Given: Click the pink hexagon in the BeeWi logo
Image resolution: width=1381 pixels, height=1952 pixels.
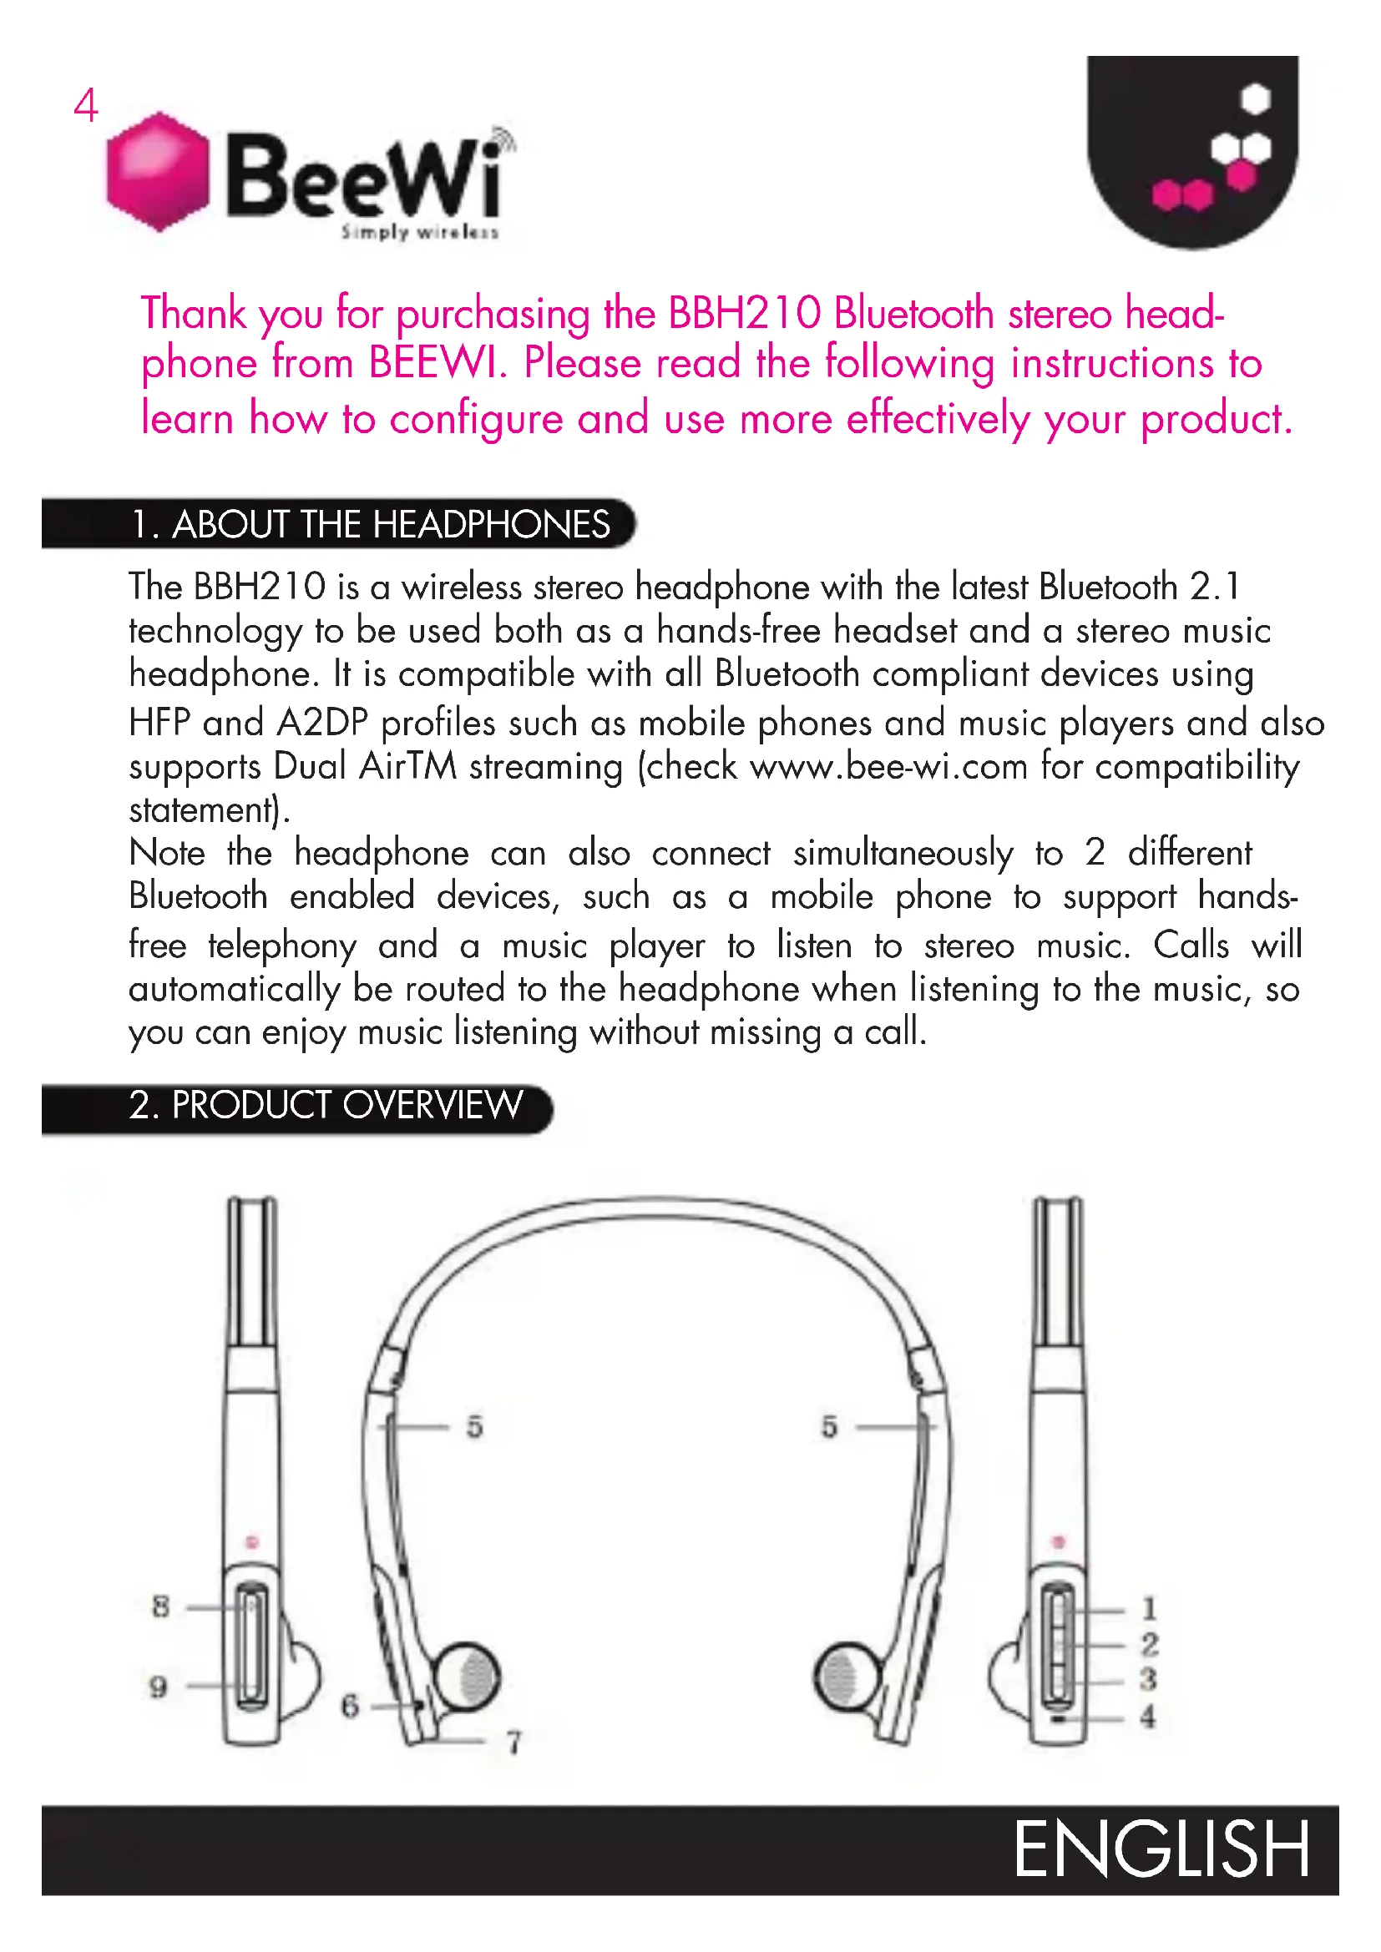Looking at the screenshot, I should click(158, 171).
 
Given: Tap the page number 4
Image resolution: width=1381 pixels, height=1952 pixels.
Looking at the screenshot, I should click(85, 106).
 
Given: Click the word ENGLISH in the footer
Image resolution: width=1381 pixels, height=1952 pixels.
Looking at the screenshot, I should click(1161, 1850).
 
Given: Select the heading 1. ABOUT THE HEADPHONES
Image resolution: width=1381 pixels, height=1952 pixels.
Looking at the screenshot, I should click(370, 525).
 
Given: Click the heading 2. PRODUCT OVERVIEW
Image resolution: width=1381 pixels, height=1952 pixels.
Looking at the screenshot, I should click(326, 1106).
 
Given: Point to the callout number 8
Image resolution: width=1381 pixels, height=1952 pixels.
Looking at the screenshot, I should click(160, 1606).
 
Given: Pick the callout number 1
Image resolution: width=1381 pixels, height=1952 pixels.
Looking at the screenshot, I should click(1149, 1608).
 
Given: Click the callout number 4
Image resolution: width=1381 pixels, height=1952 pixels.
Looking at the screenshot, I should click(1148, 1717).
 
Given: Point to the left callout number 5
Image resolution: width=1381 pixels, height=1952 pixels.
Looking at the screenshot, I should click(474, 1426).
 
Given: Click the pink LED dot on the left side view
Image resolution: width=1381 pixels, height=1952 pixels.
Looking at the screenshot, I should click(251, 1542).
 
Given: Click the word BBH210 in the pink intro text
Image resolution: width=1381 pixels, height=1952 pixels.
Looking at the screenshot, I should click(744, 314).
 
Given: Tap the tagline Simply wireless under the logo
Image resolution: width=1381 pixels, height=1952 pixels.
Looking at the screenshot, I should click(419, 232).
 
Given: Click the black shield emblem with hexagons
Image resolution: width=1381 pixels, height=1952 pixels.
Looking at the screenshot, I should click(1193, 149).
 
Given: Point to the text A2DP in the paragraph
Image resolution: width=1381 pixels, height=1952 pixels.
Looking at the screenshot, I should click(322, 724).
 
